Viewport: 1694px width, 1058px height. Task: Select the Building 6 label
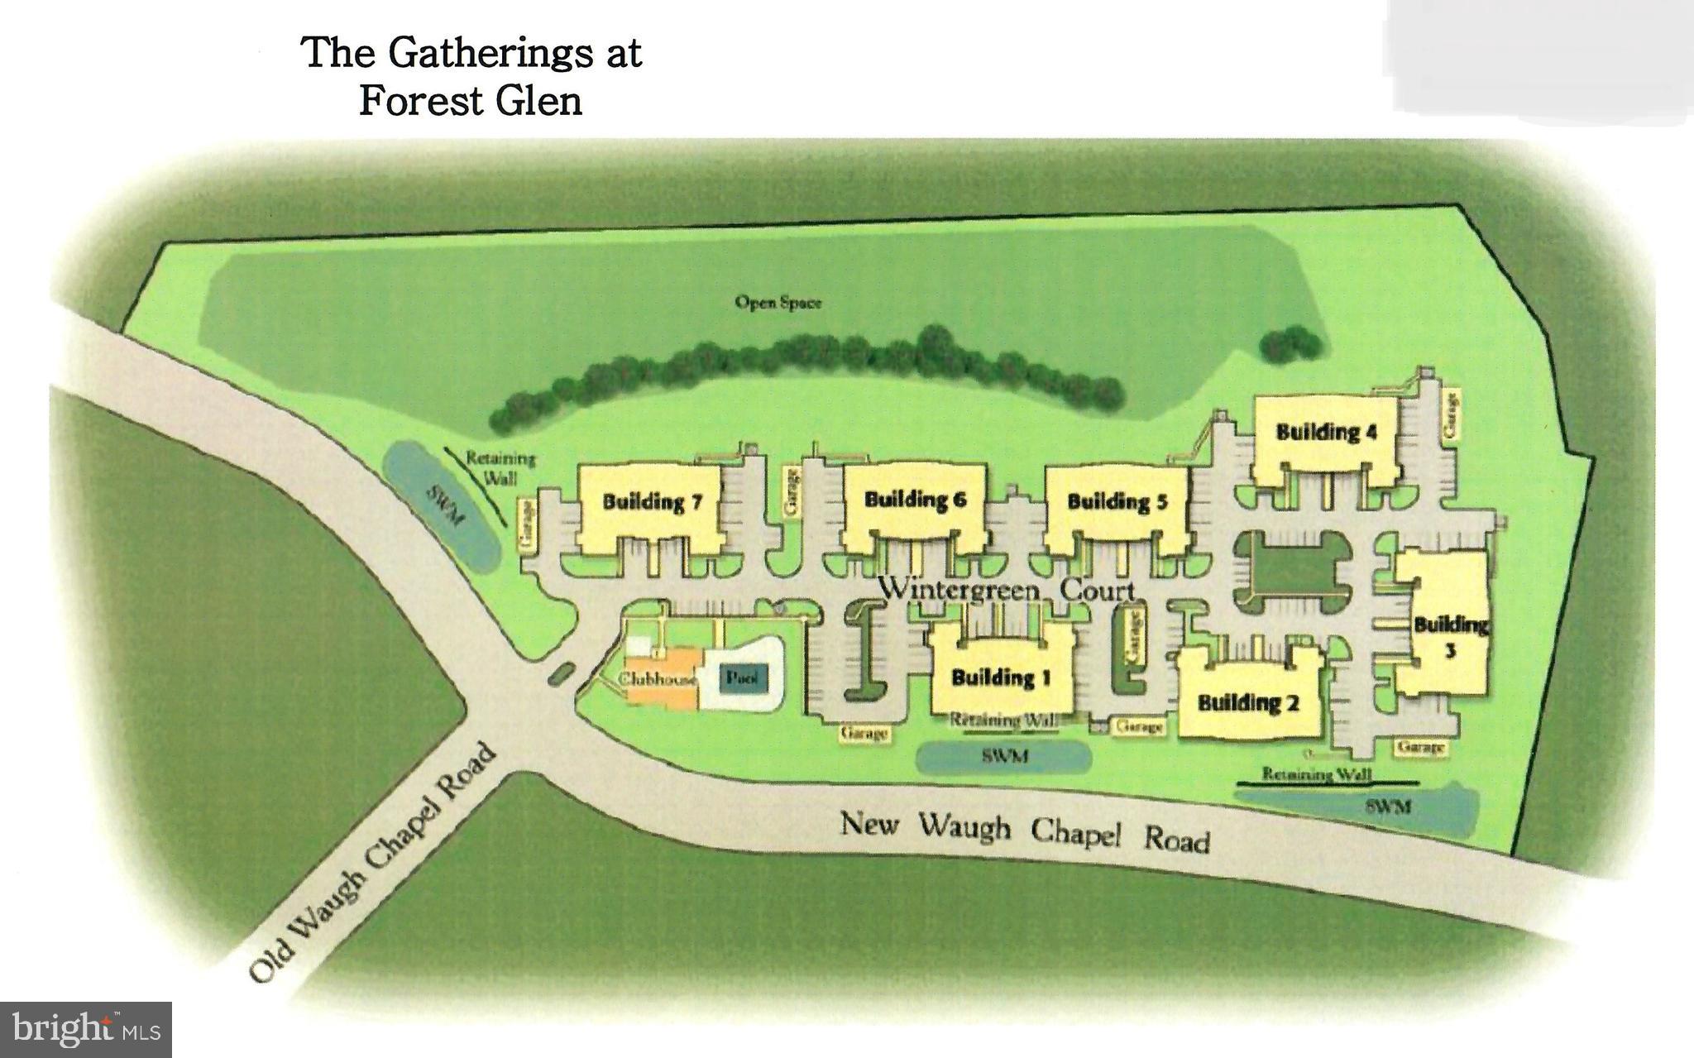915,500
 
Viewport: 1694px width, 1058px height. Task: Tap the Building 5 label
1117,501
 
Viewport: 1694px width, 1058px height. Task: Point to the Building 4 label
1326,432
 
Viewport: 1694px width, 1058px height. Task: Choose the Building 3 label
1451,636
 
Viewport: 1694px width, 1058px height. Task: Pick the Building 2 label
1248,703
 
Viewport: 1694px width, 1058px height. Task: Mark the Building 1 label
1001,678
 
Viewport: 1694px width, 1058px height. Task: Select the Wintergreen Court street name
1006,590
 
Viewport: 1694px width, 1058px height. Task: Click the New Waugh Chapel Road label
1025,831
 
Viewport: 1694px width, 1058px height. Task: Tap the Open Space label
778,303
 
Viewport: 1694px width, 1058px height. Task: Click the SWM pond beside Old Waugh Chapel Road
443,506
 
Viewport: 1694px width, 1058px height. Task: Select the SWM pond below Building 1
1004,756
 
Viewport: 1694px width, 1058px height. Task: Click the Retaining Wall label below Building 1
1004,720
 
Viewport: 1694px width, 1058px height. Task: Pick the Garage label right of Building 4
1452,414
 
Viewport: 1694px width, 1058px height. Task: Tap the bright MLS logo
86,1029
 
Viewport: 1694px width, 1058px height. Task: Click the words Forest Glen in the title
471,101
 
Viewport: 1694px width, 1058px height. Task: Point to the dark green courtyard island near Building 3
1293,572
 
